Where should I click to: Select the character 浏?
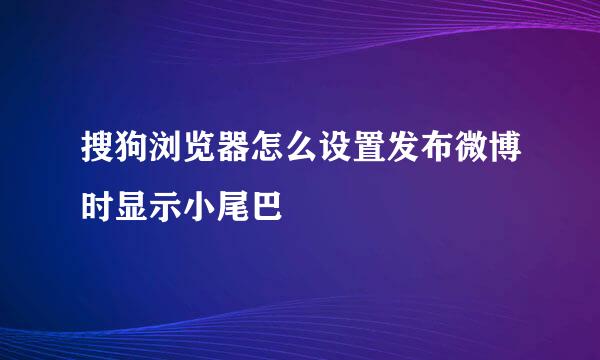(162, 156)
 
